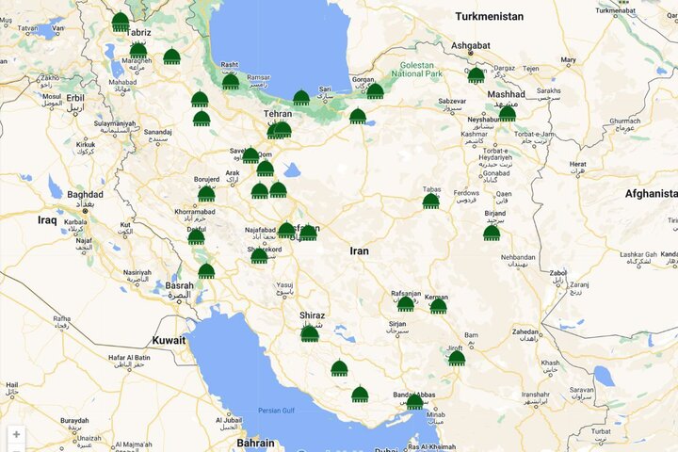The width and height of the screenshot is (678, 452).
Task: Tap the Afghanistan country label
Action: [x=651, y=194]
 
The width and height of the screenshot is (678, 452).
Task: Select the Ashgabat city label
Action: [x=472, y=45]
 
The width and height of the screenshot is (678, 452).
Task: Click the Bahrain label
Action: [x=255, y=443]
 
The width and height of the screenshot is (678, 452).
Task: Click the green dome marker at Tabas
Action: [x=430, y=201]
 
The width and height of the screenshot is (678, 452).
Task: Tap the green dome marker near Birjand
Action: [x=492, y=232]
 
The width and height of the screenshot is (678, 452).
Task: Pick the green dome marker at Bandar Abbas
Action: [x=414, y=401]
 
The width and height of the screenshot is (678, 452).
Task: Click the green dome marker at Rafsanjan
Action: [x=405, y=303]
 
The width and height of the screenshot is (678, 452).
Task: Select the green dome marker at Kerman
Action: [x=438, y=305]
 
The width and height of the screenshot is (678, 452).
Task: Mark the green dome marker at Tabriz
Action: [x=121, y=22]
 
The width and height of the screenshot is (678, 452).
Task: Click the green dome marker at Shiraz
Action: [x=310, y=333]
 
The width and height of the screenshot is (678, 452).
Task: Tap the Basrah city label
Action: [x=179, y=285]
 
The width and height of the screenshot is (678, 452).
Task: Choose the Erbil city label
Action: [x=75, y=97]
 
